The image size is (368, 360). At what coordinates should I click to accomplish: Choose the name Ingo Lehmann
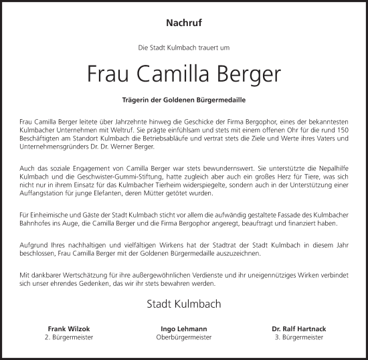[183, 329]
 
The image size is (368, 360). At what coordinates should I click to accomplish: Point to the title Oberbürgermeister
[183, 338]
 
